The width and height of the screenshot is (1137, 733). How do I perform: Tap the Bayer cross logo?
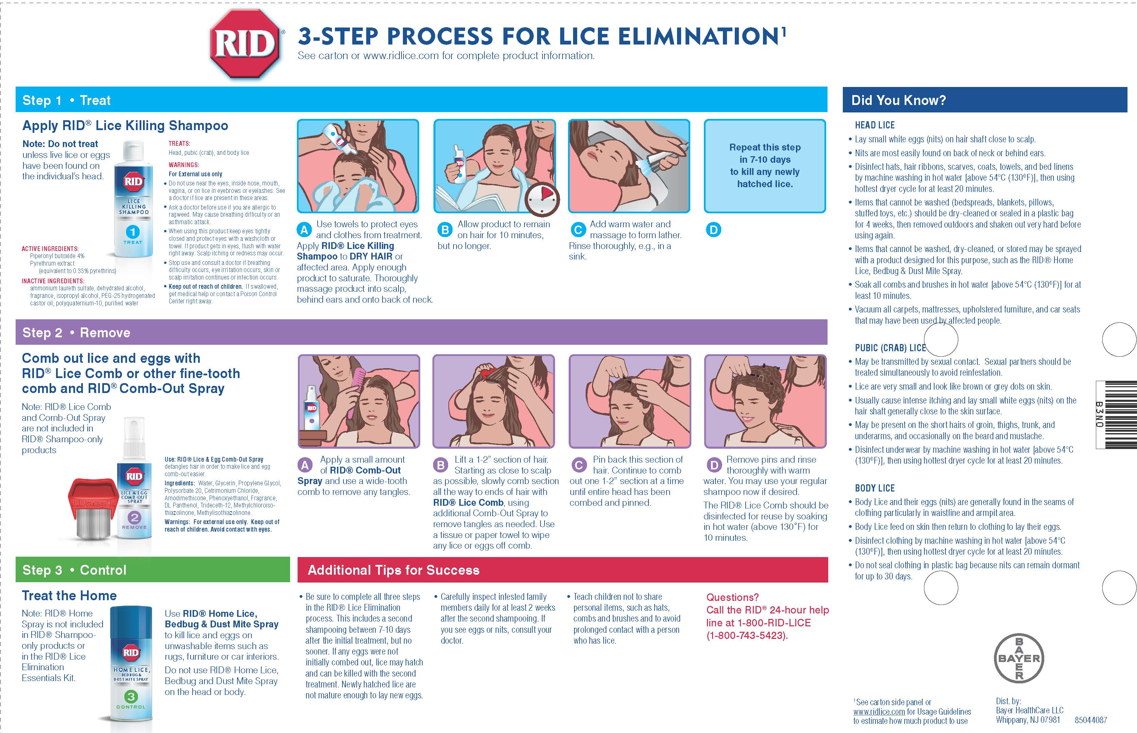tap(1019, 658)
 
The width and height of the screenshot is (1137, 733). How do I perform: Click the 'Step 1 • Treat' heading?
tap(67, 101)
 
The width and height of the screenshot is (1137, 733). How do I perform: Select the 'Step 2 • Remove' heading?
tap(76, 333)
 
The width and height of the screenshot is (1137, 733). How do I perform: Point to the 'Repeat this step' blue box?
tap(765, 166)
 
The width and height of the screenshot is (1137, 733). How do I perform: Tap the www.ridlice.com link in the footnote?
tap(878, 712)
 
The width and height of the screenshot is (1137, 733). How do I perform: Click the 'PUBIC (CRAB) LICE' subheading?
tap(890, 348)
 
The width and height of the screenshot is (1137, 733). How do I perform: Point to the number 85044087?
tap(1091, 720)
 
